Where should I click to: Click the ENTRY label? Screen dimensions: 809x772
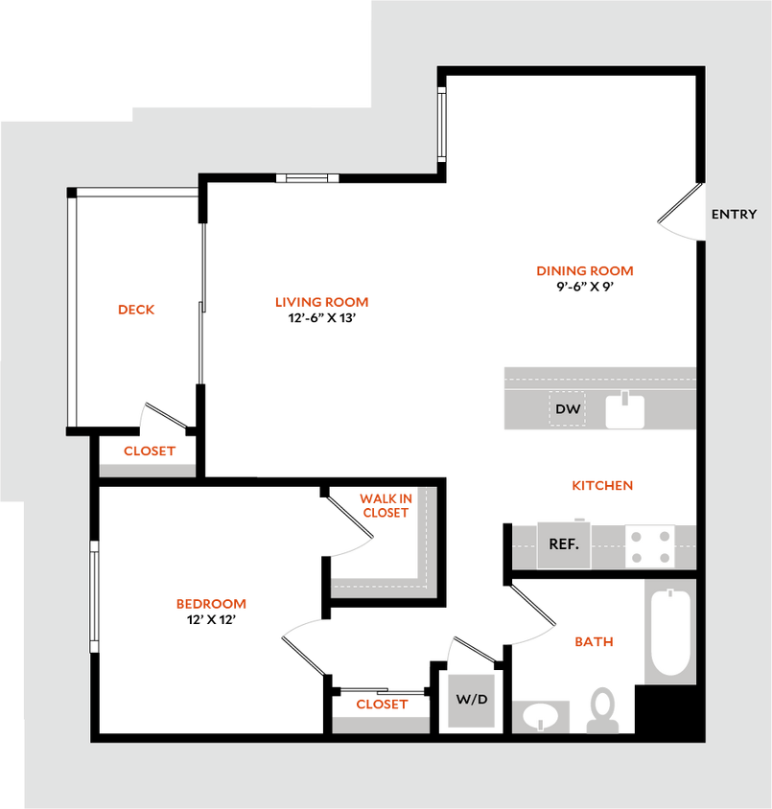(x=734, y=215)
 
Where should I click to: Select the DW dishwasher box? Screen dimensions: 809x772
(x=568, y=410)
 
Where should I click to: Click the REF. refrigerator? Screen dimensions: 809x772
(x=563, y=544)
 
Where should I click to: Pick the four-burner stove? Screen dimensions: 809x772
(x=650, y=545)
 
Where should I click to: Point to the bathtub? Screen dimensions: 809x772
(x=670, y=632)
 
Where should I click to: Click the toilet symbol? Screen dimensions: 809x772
(x=603, y=710)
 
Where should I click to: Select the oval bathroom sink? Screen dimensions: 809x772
(x=542, y=716)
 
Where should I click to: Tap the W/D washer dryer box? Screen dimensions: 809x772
(x=472, y=701)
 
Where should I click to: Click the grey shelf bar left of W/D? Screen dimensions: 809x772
(x=381, y=725)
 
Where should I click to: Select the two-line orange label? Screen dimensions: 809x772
(x=386, y=505)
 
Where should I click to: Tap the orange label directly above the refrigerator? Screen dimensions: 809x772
(x=602, y=486)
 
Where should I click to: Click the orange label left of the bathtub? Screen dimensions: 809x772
(x=594, y=642)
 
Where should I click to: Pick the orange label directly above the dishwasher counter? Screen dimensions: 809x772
(x=585, y=271)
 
